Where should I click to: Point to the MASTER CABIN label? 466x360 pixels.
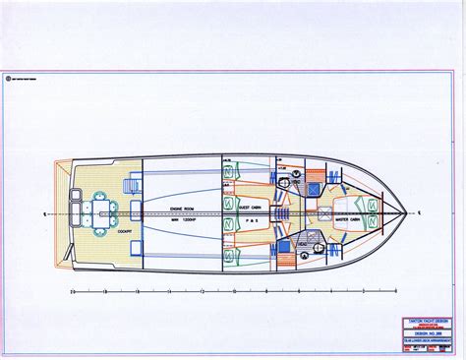(x=345, y=205)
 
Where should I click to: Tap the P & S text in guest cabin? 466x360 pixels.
(x=252, y=222)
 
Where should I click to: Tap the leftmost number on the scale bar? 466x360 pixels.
(x=73, y=291)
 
